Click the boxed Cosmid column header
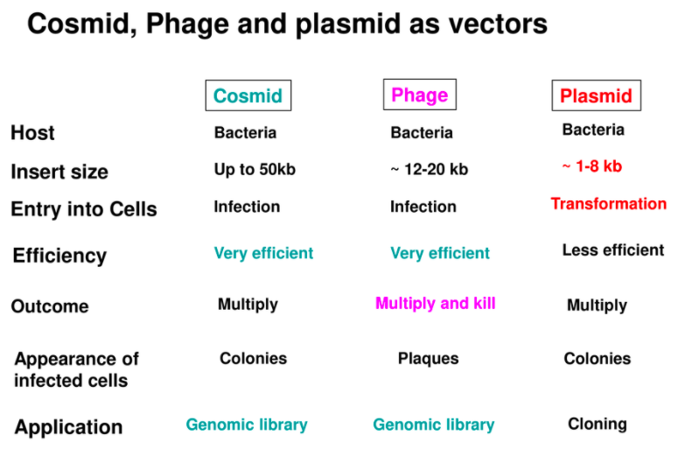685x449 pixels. pyautogui.click(x=248, y=95)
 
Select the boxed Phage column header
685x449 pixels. pyautogui.click(x=420, y=95)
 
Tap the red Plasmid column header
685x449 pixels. pyautogui.click(x=597, y=95)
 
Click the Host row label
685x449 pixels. pyautogui.click(x=32, y=132)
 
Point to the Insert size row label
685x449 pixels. pyautogui.click(x=59, y=172)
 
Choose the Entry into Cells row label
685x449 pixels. pyautogui.click(x=84, y=209)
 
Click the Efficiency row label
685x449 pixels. pyautogui.click(x=59, y=256)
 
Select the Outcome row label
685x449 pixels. pyautogui.click(x=50, y=306)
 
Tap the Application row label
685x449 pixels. pyautogui.click(x=68, y=427)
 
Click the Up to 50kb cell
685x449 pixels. pyautogui.click(x=255, y=169)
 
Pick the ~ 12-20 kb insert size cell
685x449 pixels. pyautogui.click(x=429, y=169)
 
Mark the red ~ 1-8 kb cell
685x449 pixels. pyautogui.click(x=592, y=166)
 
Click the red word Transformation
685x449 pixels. pyautogui.click(x=609, y=204)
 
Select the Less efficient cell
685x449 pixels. pyautogui.click(x=613, y=250)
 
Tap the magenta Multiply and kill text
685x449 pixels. pyautogui.click(x=436, y=304)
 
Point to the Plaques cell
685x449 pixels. pyautogui.click(x=428, y=359)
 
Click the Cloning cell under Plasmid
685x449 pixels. pyautogui.click(x=598, y=424)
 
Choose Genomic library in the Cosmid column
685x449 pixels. pyautogui.click(x=247, y=424)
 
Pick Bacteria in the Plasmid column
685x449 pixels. pyautogui.click(x=593, y=130)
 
